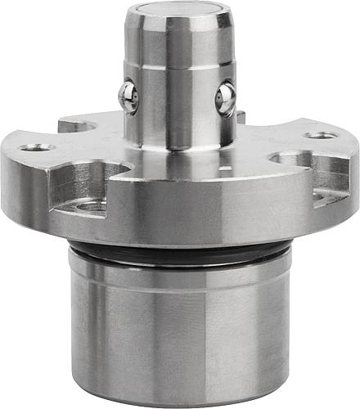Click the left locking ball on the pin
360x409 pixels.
(128, 96)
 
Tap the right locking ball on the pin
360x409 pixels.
(225, 100)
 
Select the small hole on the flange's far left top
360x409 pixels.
(36, 148)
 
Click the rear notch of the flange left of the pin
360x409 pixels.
(78, 125)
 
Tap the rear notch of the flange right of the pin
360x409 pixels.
(241, 117)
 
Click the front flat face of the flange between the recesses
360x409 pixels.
(188, 209)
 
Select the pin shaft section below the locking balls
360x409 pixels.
(176, 131)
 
